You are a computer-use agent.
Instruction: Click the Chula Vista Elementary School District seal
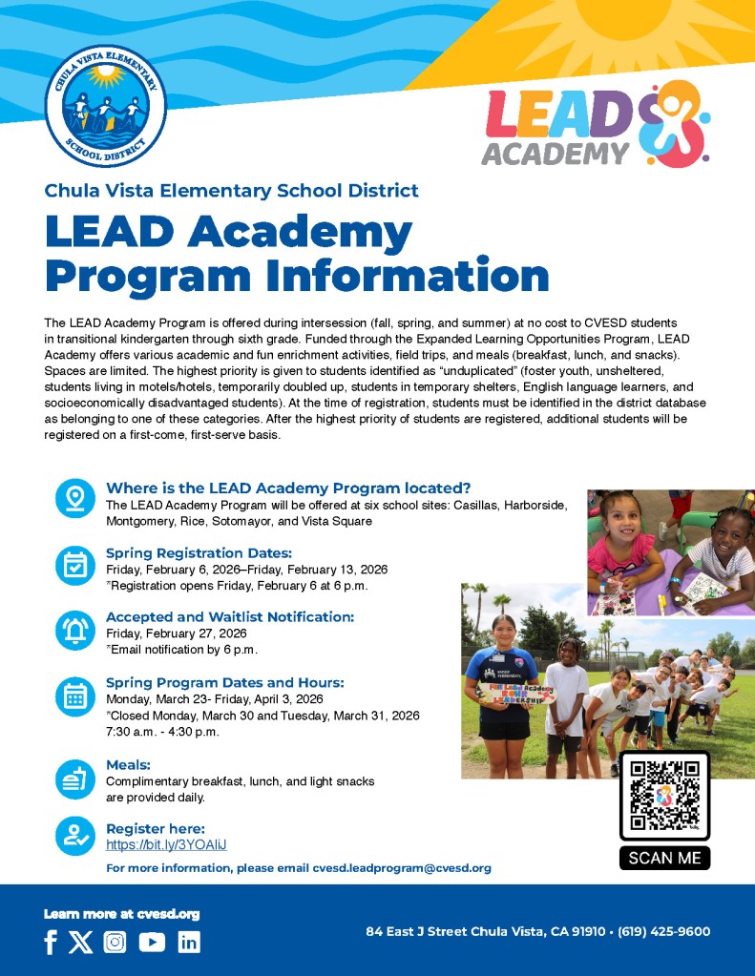(x=106, y=106)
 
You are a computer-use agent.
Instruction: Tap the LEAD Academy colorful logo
(x=597, y=124)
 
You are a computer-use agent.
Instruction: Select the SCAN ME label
(x=664, y=858)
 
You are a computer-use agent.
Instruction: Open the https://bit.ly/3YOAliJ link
(x=166, y=845)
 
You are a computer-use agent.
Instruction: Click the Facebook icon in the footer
(x=51, y=943)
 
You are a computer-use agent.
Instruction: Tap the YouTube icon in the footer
(x=152, y=943)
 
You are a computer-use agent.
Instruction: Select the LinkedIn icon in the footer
(x=189, y=943)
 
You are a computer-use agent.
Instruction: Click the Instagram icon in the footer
(x=115, y=943)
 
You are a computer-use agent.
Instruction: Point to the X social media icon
(x=81, y=943)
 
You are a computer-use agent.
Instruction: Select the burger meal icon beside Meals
(x=74, y=779)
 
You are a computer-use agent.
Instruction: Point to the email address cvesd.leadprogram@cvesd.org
(x=402, y=868)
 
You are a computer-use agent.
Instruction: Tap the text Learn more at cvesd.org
(x=121, y=914)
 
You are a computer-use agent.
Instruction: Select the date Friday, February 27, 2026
(x=177, y=633)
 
